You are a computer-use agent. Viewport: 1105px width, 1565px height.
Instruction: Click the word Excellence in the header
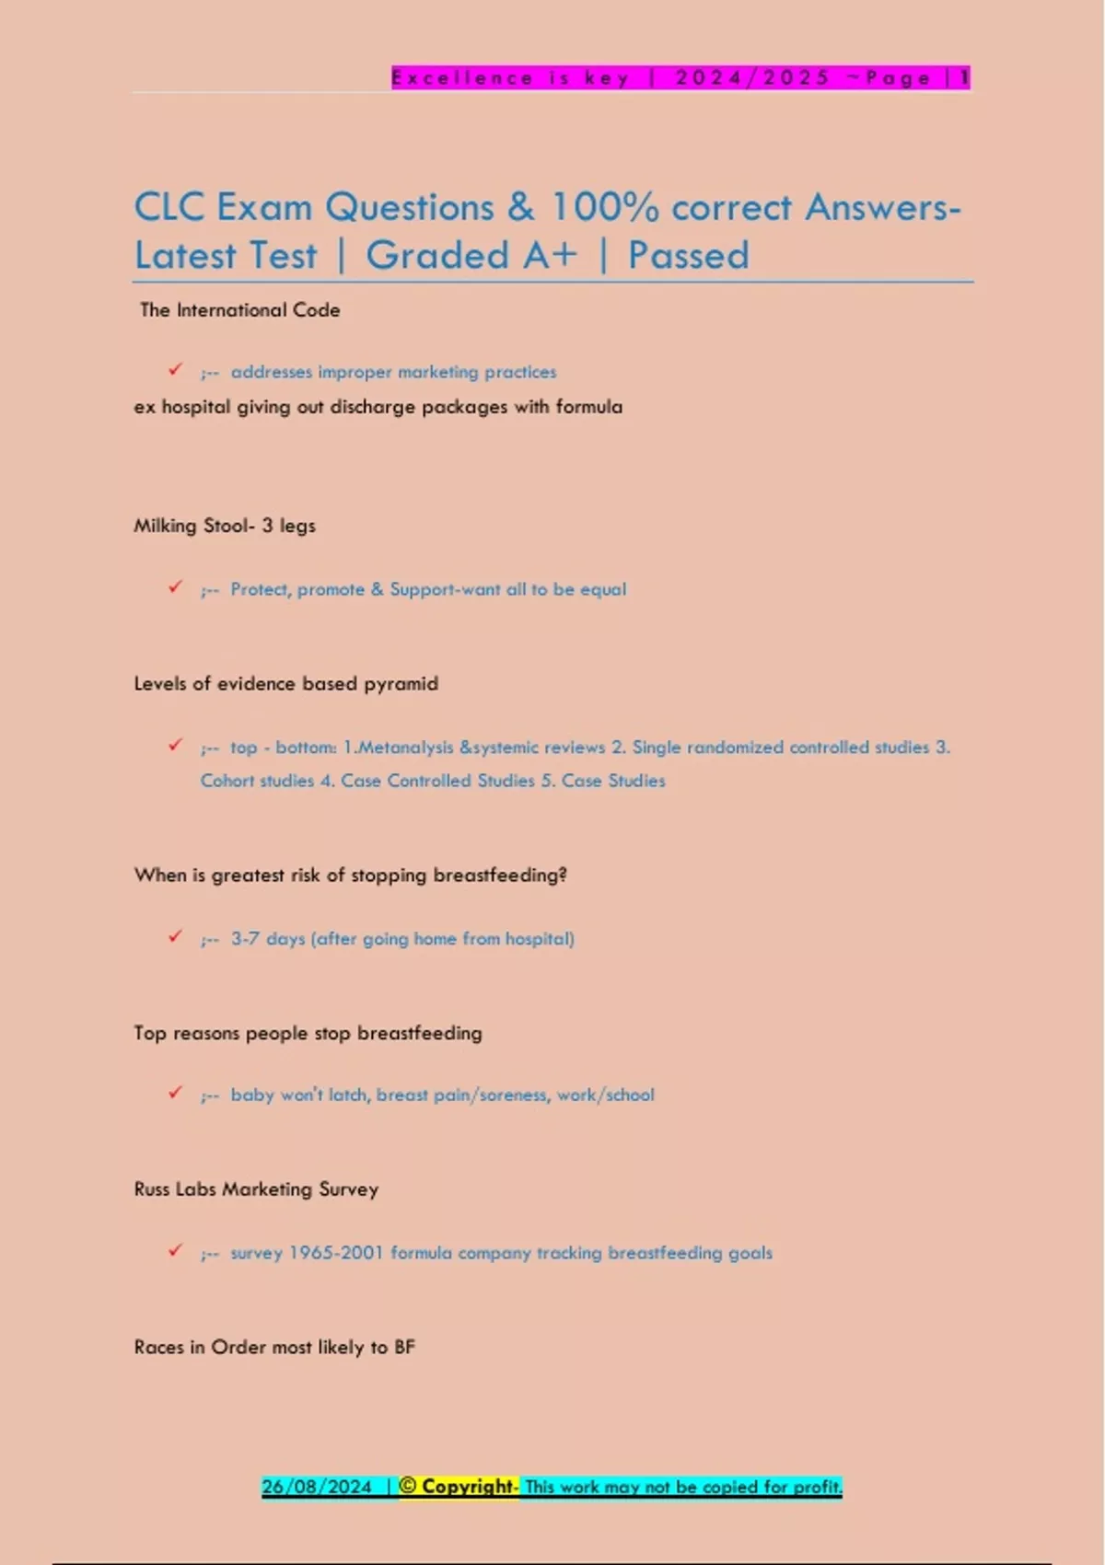coord(462,78)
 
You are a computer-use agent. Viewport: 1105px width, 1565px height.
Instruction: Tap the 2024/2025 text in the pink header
coord(753,78)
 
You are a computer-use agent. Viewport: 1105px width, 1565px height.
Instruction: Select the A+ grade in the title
coord(550,255)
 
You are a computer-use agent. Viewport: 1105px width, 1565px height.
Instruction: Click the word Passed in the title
coord(688,255)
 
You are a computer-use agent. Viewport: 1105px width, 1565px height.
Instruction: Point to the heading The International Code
coord(239,310)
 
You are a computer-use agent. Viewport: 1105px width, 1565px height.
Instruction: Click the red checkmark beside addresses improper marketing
coord(175,370)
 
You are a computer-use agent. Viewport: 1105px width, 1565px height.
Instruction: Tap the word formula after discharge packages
coord(589,407)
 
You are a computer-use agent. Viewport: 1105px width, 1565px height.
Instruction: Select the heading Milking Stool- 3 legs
coord(225,526)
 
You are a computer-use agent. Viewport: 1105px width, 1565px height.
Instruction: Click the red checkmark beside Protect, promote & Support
coord(175,587)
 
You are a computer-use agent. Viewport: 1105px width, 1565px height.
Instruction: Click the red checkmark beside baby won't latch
coord(175,1093)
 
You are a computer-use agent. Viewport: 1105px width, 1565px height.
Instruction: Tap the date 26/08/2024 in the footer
coord(317,1487)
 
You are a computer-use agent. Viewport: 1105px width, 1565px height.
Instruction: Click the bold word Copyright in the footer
coord(469,1487)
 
